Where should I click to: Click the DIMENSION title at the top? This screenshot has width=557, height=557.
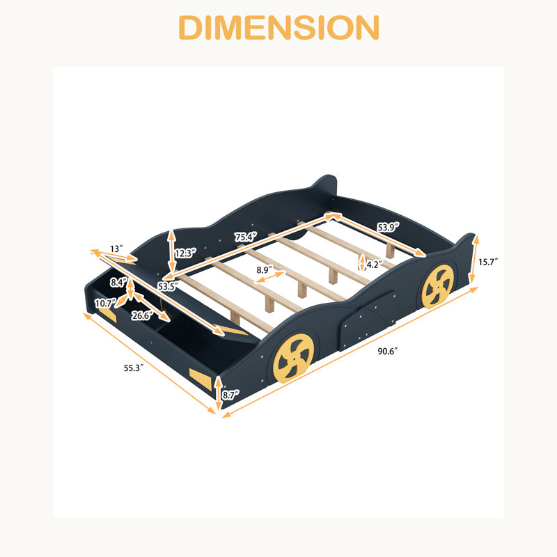[279, 28]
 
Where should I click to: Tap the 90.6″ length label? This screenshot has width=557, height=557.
[387, 352]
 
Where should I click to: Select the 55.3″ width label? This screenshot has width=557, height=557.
[134, 368]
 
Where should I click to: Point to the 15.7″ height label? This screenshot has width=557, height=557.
[488, 262]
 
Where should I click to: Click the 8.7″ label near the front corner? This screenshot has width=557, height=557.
[231, 394]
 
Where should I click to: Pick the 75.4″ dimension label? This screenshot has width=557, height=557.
[246, 237]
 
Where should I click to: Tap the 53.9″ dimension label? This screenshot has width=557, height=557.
[389, 227]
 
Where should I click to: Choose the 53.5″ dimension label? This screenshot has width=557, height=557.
[168, 286]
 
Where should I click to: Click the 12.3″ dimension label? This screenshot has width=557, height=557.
[185, 253]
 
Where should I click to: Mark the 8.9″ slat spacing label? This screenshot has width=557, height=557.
[265, 270]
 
